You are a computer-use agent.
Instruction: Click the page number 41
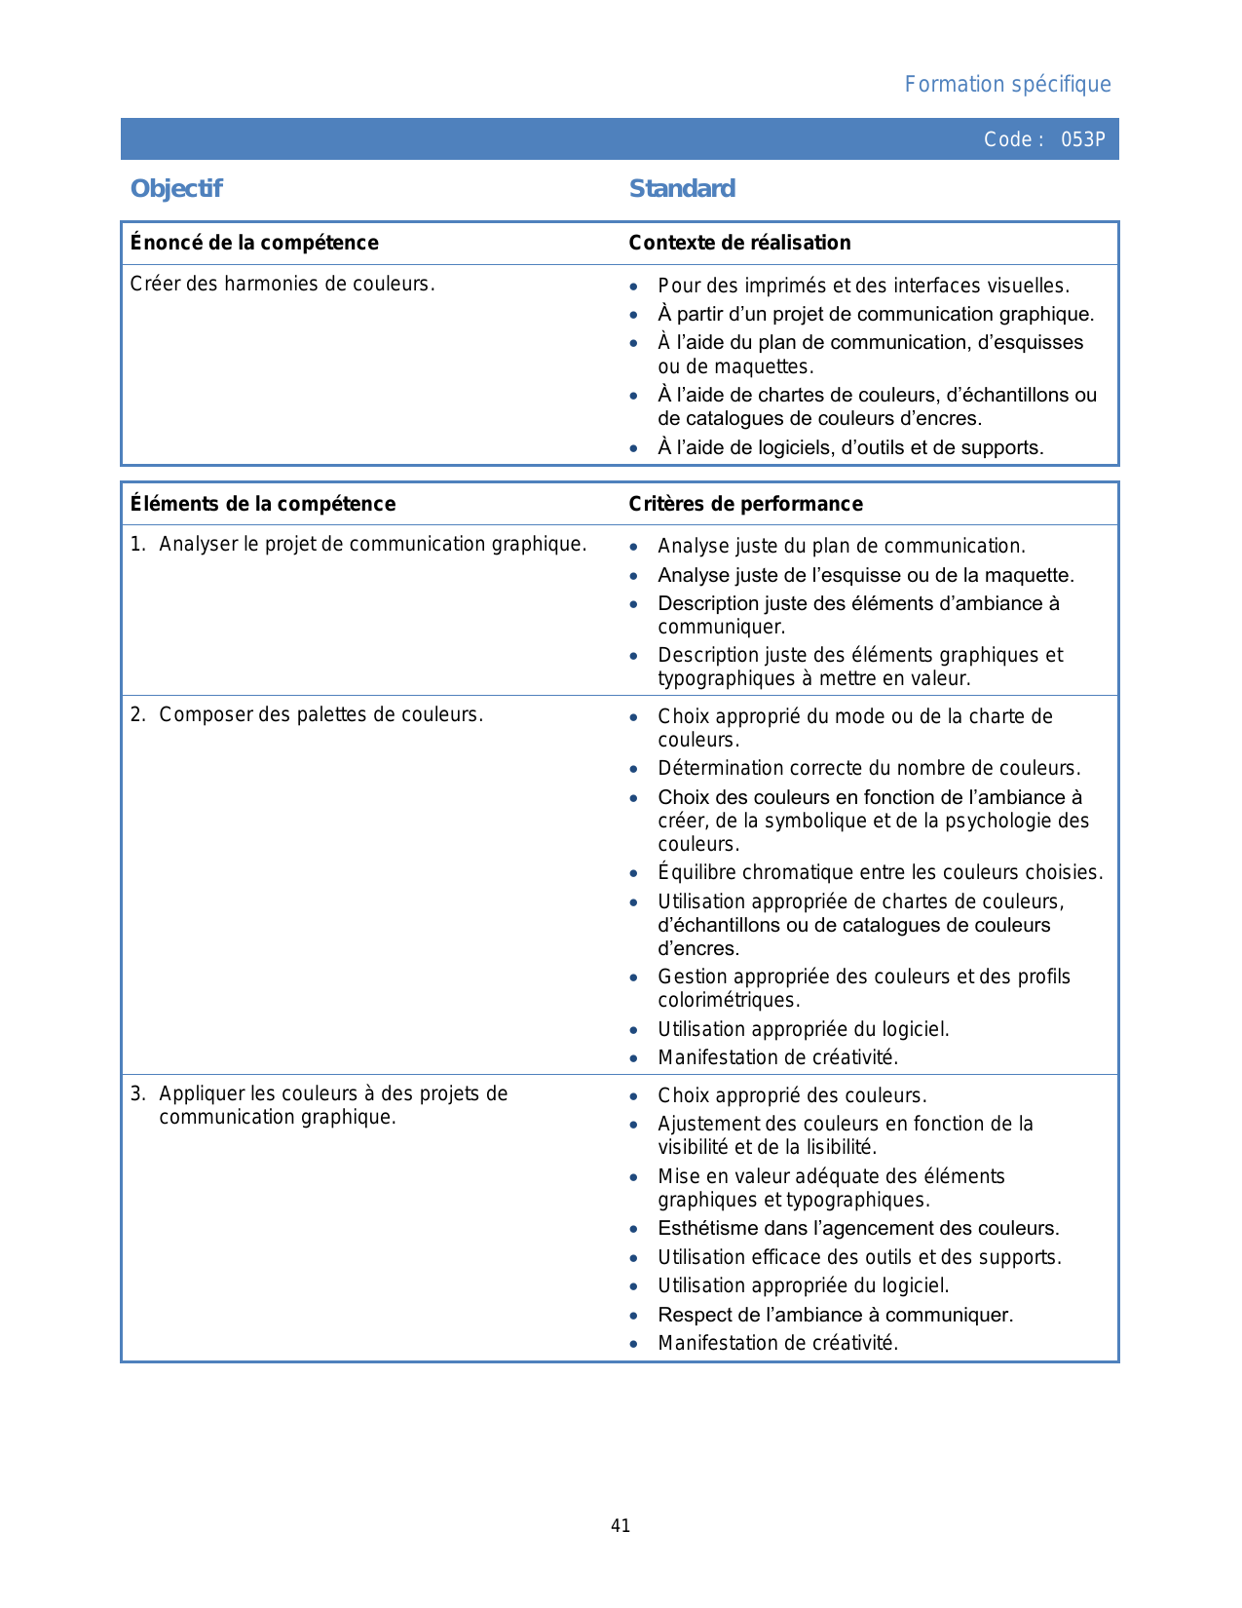pyautogui.click(x=621, y=1526)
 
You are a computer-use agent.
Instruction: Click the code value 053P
pyautogui.click(x=1082, y=139)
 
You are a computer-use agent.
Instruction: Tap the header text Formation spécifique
pyautogui.click(x=1007, y=85)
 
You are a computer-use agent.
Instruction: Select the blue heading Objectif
pyautogui.click(x=176, y=188)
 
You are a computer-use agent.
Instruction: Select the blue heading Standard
pyautogui.click(x=682, y=188)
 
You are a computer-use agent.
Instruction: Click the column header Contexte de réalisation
pyautogui.click(x=739, y=243)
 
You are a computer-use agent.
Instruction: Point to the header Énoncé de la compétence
pyautogui.click(x=254, y=243)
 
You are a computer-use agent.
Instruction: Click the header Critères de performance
pyautogui.click(x=745, y=504)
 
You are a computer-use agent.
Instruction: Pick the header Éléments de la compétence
pyautogui.click(x=263, y=504)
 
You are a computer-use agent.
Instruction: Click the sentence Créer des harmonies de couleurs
pyautogui.click(x=282, y=284)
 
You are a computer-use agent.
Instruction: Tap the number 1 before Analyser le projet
pyautogui.click(x=136, y=544)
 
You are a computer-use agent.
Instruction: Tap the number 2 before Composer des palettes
pyautogui.click(x=136, y=714)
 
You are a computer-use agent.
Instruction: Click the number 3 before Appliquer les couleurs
pyautogui.click(x=136, y=1093)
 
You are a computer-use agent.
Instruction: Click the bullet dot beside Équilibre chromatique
pyautogui.click(x=634, y=874)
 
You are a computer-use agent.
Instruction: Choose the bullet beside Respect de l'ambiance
pyautogui.click(x=634, y=1316)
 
